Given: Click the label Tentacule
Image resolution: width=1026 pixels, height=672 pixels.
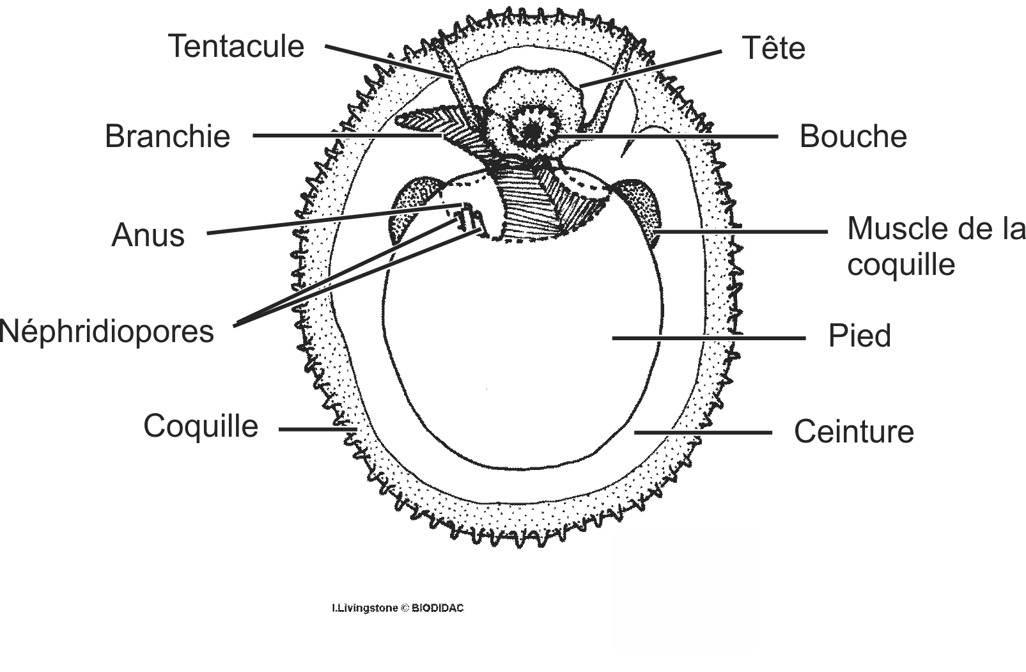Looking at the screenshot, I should [x=236, y=47].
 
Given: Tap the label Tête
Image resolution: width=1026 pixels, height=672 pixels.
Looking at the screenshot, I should [x=773, y=49].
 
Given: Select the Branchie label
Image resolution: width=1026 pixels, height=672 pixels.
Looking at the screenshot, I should [x=167, y=136].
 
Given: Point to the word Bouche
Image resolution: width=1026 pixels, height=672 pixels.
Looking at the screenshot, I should [x=853, y=136].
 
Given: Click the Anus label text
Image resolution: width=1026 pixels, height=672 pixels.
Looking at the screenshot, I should [x=148, y=235].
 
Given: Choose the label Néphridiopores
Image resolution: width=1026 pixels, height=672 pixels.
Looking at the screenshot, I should [x=107, y=331].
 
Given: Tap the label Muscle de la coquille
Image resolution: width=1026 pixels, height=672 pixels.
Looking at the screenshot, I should [x=935, y=247].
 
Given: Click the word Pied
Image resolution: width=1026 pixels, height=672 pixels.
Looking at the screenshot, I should [x=859, y=336].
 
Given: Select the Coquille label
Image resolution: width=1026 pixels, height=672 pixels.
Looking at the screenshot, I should [x=201, y=426].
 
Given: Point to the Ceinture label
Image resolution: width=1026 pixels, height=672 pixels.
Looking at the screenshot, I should [x=853, y=432].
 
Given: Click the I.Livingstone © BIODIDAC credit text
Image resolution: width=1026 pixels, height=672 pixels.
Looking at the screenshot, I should [x=397, y=608].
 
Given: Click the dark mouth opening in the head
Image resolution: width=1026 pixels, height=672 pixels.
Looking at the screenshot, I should [x=531, y=132].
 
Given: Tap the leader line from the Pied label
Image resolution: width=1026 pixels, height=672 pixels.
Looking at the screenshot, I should [x=708, y=338].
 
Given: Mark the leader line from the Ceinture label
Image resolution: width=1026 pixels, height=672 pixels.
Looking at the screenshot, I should [x=703, y=433].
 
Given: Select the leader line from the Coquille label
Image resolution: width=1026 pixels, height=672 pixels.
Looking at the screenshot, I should [x=316, y=429].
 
